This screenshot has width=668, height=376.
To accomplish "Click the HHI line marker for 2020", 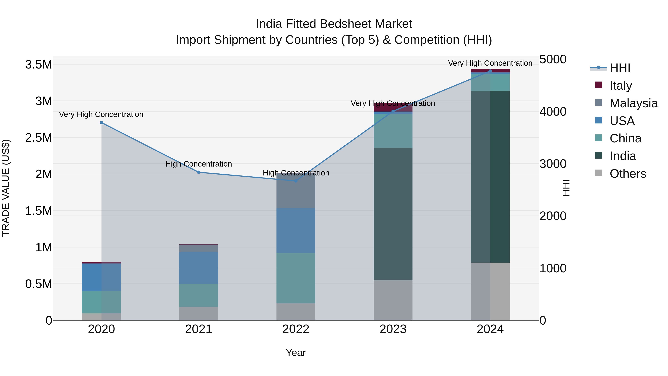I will [x=101, y=123].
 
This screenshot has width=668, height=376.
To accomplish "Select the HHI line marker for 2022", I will [x=296, y=181].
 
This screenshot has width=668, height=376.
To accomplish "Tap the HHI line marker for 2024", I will [x=490, y=71].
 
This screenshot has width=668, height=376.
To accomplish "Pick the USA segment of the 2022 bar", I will [x=296, y=231].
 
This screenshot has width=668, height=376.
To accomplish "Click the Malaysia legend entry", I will [x=633, y=103].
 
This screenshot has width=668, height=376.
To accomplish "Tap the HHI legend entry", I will [x=620, y=68].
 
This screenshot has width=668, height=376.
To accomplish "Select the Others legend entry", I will [x=628, y=174].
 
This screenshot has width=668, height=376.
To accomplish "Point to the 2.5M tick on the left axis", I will [x=39, y=138].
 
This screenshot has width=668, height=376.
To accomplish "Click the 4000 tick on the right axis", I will [x=553, y=112].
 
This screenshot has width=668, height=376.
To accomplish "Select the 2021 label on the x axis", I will [x=199, y=329].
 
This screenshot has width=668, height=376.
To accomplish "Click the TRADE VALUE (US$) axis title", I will [x=6, y=188].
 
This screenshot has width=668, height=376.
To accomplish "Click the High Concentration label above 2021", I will [x=199, y=164].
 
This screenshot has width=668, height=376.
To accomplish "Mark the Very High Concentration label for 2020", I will [x=101, y=114].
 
